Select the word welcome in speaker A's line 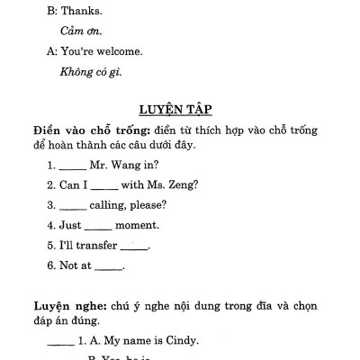tap(121, 52)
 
